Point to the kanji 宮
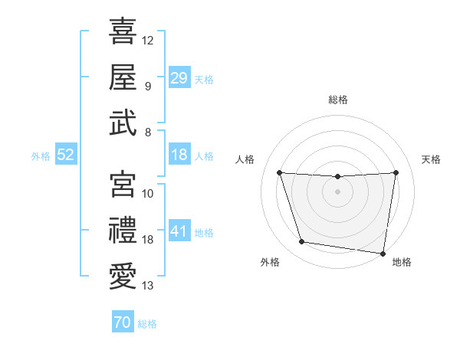(123, 184)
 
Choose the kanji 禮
(123, 230)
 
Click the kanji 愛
(123, 277)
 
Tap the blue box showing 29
(179, 78)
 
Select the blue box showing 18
(179, 155)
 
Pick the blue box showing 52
(65, 155)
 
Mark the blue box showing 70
(123, 323)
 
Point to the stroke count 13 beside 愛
(148, 286)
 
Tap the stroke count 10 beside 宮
(148, 194)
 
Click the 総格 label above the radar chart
(338, 100)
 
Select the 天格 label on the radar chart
(432, 159)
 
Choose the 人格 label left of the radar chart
(245, 159)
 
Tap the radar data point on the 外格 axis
(302, 242)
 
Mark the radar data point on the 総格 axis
(338, 176)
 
